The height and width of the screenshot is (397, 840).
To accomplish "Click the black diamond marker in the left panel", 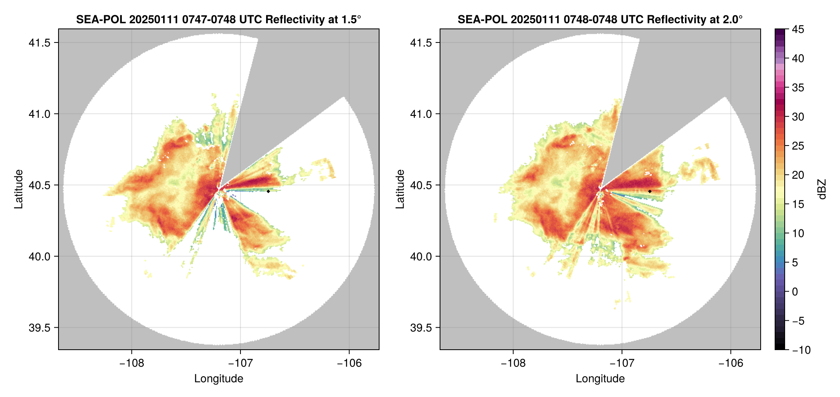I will click(x=268, y=191).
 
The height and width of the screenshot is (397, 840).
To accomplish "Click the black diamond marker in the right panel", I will click(x=650, y=191).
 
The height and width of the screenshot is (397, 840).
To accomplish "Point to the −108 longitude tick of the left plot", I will click(x=131, y=363).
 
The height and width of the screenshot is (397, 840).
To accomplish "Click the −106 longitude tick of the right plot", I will click(x=731, y=363).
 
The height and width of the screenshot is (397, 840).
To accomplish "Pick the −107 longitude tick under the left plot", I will click(x=240, y=363).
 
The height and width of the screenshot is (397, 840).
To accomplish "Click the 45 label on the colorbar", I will click(x=798, y=29).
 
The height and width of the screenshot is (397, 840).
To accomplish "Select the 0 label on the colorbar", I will click(x=795, y=292).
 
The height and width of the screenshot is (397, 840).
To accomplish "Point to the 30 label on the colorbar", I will click(x=798, y=117).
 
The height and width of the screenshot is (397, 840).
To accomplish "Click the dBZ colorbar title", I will click(x=822, y=189).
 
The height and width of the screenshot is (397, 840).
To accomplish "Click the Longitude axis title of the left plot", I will click(x=219, y=379).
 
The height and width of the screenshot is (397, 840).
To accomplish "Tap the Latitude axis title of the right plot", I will click(x=400, y=189).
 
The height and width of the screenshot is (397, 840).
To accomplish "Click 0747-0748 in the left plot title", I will click(x=209, y=19).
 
